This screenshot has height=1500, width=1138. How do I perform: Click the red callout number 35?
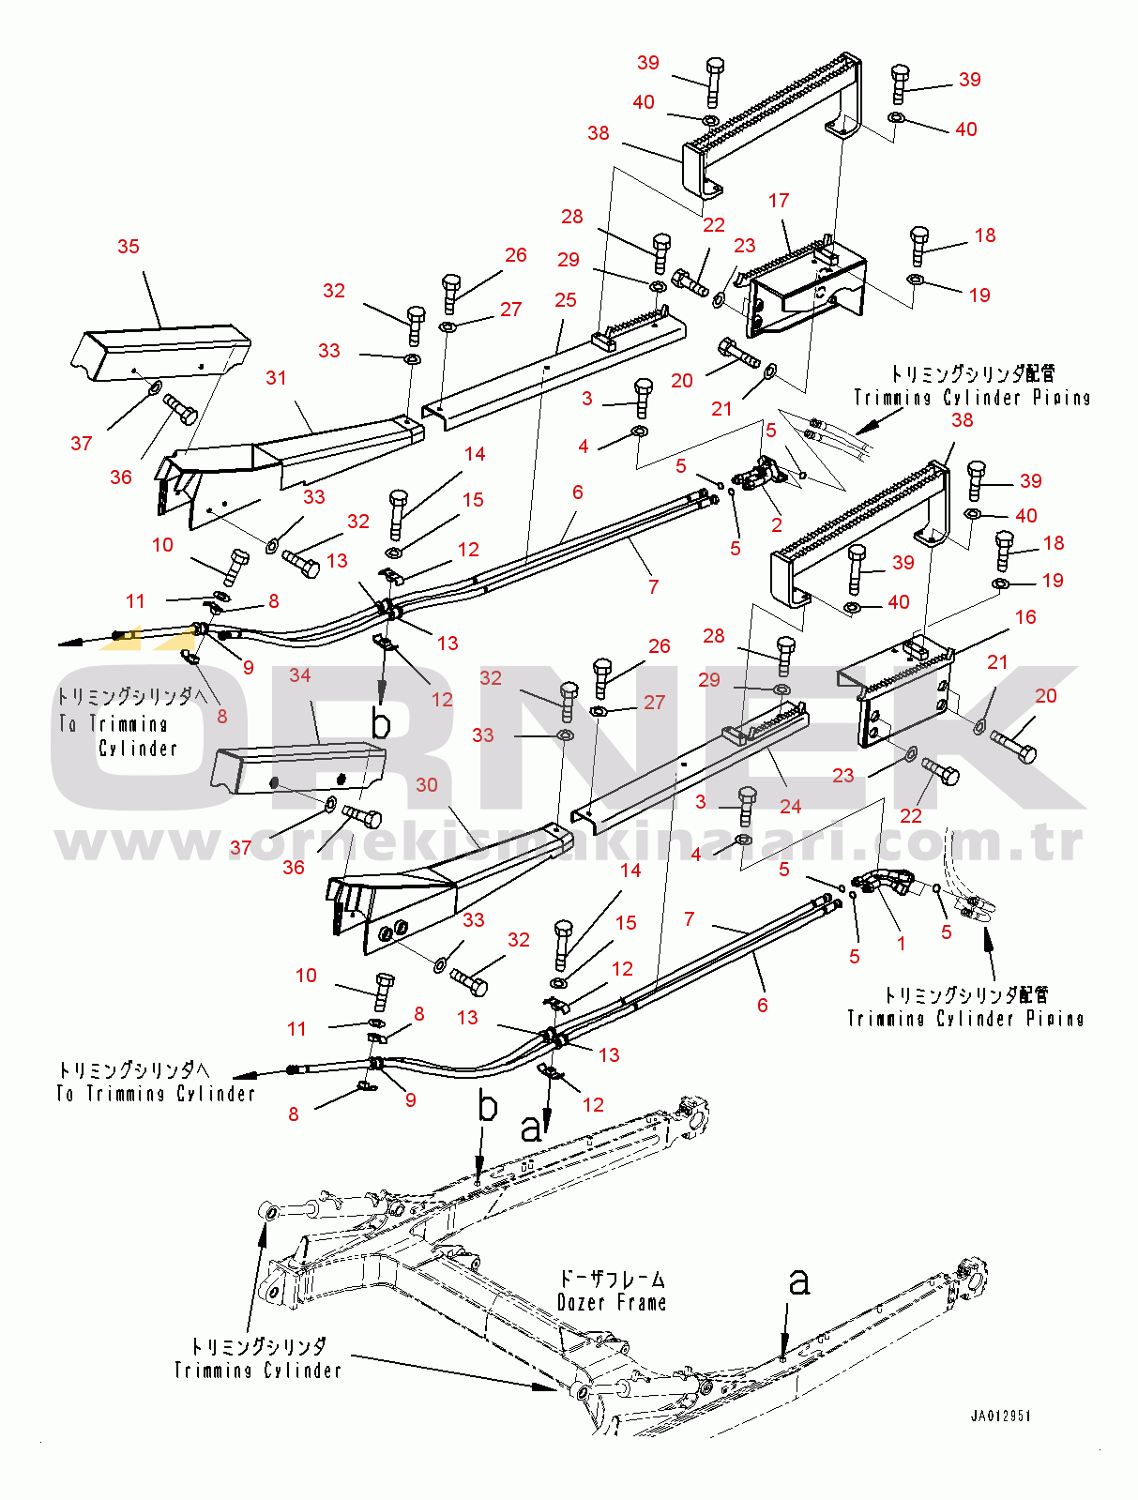[x=129, y=247]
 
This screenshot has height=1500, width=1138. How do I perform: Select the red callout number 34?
[x=299, y=675]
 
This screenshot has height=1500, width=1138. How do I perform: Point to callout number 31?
[x=276, y=378]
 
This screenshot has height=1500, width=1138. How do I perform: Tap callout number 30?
[x=427, y=784]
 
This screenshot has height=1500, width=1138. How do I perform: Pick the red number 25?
[x=565, y=300]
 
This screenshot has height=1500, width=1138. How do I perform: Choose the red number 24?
[x=790, y=807]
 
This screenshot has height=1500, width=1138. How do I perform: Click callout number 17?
[x=779, y=201]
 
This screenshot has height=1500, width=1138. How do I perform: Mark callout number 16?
[x=1025, y=617]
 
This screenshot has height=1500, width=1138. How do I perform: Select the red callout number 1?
[x=901, y=944]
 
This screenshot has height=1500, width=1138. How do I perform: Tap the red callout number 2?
[x=777, y=524]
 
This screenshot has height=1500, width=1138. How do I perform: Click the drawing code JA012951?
[x=1000, y=1416]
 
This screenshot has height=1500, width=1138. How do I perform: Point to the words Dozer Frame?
[x=611, y=1302]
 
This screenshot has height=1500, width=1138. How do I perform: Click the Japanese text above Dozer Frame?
[x=612, y=1279]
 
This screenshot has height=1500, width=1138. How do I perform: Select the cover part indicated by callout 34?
[x=298, y=768]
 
